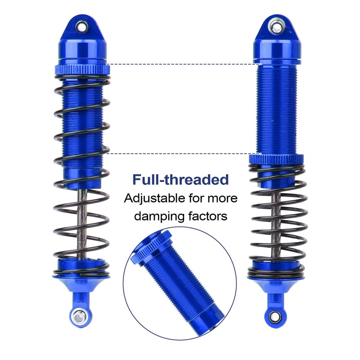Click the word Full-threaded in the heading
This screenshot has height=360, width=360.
click(180, 179)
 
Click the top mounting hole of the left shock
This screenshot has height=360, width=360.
click(82, 26)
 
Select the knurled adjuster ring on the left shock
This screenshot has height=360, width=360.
click(82, 70)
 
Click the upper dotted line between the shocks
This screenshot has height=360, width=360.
click(180, 64)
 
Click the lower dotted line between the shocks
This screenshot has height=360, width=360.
click(180, 153)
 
